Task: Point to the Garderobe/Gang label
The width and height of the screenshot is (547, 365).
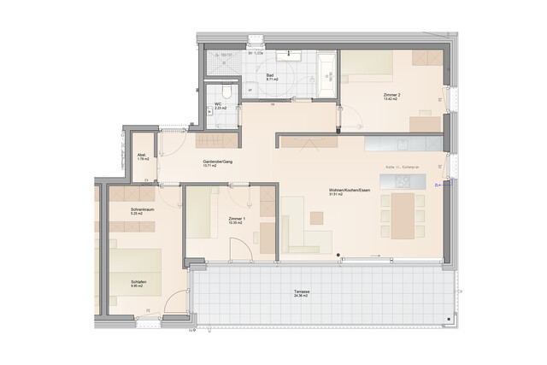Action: click(x=217, y=162)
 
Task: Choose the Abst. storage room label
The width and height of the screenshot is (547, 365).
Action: click(x=142, y=155)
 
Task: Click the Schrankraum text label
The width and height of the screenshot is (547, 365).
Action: click(x=142, y=209)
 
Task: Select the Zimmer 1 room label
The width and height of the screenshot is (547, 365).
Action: click(x=237, y=219)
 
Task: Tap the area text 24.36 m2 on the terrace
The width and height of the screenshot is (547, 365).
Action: click(x=301, y=297)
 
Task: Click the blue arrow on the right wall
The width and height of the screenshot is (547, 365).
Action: click(x=438, y=184)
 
